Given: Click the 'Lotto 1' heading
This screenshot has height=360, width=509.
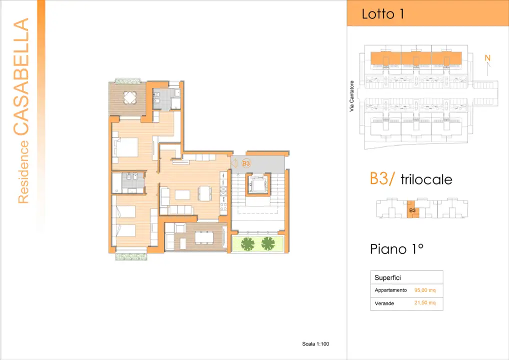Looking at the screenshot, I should pos(383,14).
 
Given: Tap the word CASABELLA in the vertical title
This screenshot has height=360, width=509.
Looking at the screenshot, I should pos(21,77).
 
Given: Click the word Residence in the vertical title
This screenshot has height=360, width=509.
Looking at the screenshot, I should pos(23,172).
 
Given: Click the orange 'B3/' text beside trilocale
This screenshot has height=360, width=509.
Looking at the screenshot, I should pos(383,178).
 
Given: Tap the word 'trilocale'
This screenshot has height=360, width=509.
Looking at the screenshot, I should pos(426,179).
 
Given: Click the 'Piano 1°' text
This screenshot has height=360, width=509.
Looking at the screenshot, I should pos(396,248).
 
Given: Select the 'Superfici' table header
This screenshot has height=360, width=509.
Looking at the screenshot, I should pos(388,277).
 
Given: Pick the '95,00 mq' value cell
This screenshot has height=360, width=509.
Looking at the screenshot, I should pos(425,290).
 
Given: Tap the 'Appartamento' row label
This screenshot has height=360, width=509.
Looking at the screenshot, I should pos(390,290).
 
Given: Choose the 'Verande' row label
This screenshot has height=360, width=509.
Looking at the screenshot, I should pos(384,303).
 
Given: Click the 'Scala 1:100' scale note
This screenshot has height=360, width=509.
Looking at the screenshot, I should pos(315,343).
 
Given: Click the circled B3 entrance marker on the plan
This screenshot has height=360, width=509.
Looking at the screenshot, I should pos(246,163).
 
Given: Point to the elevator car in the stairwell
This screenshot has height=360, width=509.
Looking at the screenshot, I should pos(258,184).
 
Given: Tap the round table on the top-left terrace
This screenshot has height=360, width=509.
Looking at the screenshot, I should pos(130,97).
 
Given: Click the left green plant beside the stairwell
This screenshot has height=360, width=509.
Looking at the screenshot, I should pos(247,244).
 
